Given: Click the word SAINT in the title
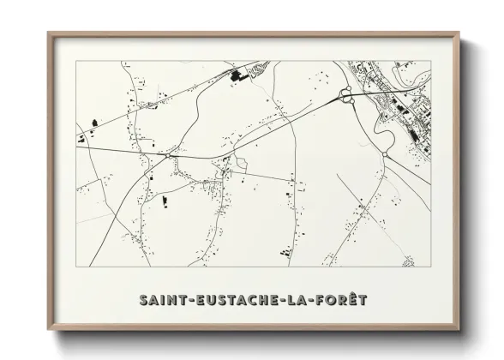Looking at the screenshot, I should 164,300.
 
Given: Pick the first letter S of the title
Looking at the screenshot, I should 141,300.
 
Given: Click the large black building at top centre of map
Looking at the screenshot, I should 237,78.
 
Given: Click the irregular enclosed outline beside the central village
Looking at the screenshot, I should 243,164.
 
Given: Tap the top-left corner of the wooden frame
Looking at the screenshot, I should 49,33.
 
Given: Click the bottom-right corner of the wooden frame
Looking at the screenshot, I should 459,330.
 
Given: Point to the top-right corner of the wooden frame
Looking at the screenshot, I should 459,33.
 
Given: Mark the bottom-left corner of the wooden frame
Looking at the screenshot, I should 49,330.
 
